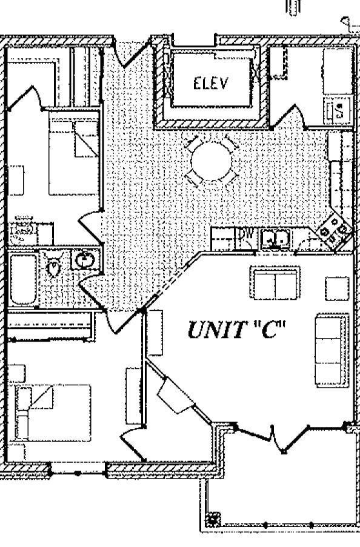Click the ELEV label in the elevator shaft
click(x=210, y=84)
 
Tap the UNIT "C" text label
click(x=236, y=330)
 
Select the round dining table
click(x=212, y=161)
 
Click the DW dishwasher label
click(x=246, y=233)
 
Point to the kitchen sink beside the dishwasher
click(x=275, y=239)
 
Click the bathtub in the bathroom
click(x=23, y=279)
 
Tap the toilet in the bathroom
click(x=53, y=266)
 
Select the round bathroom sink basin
click(x=84, y=260)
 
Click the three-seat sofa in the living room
click(x=332, y=350)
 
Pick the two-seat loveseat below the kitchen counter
click(x=275, y=282)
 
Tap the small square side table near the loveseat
click(x=337, y=288)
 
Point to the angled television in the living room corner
click(x=175, y=396)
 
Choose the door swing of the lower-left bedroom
click(x=133, y=443)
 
